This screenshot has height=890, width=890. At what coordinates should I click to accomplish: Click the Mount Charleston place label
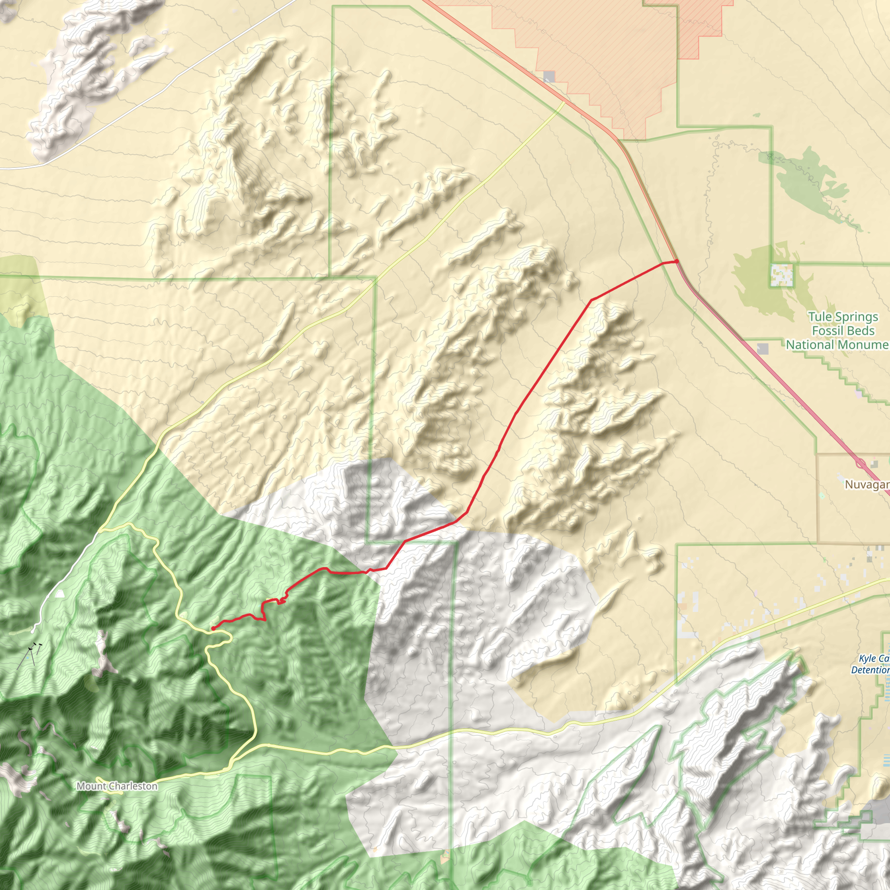coord(117,786)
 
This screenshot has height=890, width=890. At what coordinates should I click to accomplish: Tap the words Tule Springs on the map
coord(843,317)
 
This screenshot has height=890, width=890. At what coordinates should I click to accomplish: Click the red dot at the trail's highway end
coord(677,261)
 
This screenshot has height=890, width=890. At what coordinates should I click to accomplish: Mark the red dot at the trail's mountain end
coord(213,628)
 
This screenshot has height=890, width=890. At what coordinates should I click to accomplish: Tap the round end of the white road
coord(33,631)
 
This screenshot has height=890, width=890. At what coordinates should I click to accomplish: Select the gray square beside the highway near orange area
coord(549,76)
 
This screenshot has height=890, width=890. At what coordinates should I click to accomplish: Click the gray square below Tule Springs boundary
coord(763,349)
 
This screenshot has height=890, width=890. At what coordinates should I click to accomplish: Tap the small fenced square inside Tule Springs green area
coord(782,275)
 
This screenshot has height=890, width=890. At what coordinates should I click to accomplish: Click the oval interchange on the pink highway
coord(860,462)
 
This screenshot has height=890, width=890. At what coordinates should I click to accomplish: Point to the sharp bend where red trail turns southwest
coord(591,300)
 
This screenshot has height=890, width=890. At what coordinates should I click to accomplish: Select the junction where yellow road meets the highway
coord(564,102)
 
